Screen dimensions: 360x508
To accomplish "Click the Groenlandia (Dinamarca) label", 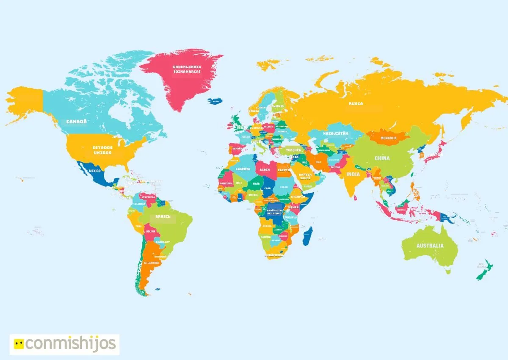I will coord(187,69).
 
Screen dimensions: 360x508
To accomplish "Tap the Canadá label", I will coord(77,122).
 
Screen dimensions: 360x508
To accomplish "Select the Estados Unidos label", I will coord(103,150).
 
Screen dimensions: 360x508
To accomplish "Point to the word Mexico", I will coord(95,171).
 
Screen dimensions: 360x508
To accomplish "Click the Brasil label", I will coord(163,216).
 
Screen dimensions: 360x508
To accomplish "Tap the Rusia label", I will coord(356,103).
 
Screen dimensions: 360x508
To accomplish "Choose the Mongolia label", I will coord(389,138).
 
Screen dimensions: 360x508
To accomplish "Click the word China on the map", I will coord(382,158).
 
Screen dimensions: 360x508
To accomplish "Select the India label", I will coord(353,174).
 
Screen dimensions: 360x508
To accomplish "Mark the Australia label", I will coord(430,246).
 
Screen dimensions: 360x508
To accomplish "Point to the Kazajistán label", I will coord(335,133).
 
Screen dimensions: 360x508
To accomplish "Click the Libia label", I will coord(265,169).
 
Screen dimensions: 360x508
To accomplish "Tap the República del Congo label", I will coord(274,212).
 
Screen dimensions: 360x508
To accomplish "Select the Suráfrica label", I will coord(274,255).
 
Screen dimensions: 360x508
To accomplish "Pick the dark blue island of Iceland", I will coord(215,101).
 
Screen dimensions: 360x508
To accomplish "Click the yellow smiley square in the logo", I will coord(18,344).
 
